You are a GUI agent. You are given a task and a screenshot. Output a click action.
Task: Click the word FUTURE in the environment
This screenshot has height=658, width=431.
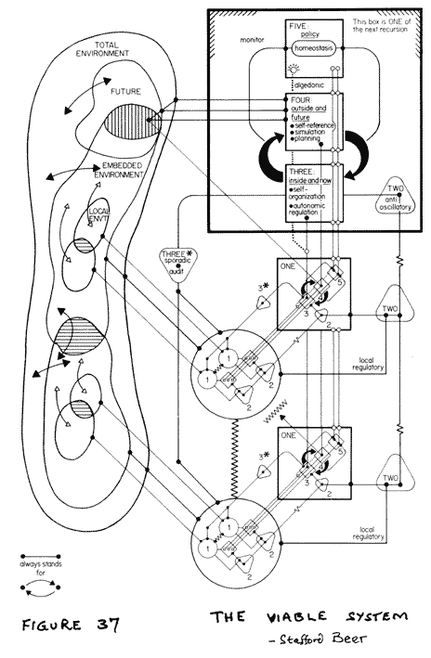(x=128, y=93)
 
